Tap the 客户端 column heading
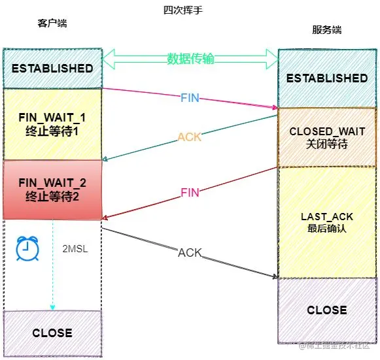52,24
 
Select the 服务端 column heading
326,31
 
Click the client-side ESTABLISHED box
52,68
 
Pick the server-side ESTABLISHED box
327,78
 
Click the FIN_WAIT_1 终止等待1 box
52,123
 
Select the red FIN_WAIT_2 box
52,189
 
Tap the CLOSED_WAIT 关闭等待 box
327,137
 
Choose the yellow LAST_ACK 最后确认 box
327,221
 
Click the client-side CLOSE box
52,333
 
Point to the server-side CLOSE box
327,310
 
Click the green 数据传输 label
190,59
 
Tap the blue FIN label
190,98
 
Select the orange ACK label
190,138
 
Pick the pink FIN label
190,192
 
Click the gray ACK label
190,252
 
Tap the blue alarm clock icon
27,248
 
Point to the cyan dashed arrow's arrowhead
53,307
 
